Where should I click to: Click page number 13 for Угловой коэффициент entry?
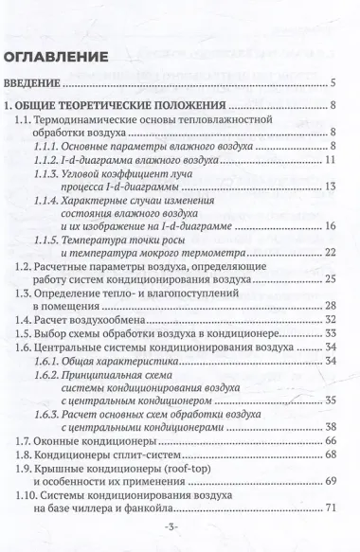pyautogui.click(x=332, y=187)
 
